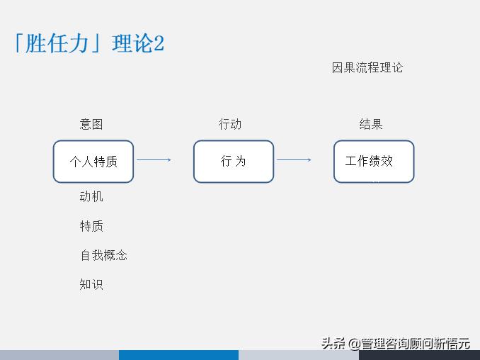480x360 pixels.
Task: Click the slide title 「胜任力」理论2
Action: pyautogui.click(x=88, y=43)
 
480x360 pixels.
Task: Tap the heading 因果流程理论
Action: pyautogui.click(x=367, y=68)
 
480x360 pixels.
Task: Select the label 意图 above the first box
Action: pyautogui.click(x=91, y=125)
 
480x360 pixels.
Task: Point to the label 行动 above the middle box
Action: pyautogui.click(x=230, y=125)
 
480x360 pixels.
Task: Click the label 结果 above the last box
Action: pyautogui.click(x=371, y=125)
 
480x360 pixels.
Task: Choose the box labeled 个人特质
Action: pyautogui.click(x=93, y=161)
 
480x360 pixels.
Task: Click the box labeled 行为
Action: pyautogui.click(x=234, y=161)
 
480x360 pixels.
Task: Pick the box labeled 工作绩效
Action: pyautogui.click(x=374, y=161)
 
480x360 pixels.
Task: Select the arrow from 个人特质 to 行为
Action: pyautogui.click(x=154, y=160)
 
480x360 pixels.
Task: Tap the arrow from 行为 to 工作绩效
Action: pyautogui.click(x=294, y=160)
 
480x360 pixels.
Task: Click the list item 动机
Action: pyautogui.click(x=91, y=196)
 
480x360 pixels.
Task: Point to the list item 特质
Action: pyautogui.click(x=91, y=226)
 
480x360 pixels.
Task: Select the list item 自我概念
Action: pyautogui.click(x=103, y=255)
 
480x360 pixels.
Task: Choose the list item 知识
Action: pyautogui.click(x=91, y=285)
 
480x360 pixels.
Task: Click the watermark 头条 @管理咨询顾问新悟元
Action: pyautogui.click(x=396, y=344)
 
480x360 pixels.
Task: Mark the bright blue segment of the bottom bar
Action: pyautogui.click(x=178, y=355)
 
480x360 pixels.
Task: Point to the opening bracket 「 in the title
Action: pyautogui.click(x=17, y=43)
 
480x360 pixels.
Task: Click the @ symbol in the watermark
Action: pyautogui.click(x=353, y=344)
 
